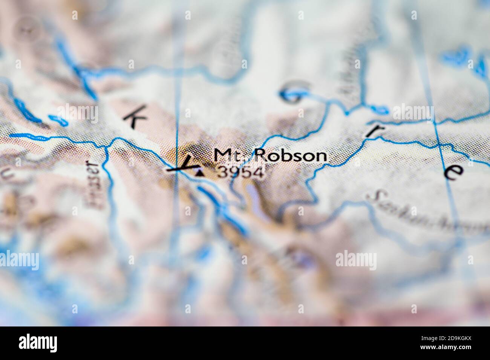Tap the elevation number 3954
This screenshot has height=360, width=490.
240,172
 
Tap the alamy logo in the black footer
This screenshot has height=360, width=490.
38,343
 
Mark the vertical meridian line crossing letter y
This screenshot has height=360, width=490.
177,94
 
